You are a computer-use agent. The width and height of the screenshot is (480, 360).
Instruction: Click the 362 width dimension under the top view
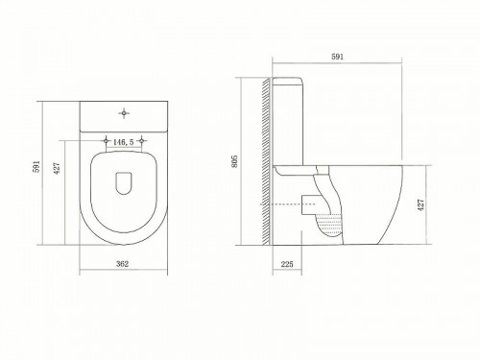(x=122, y=263)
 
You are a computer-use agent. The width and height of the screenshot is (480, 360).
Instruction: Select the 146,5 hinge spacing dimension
(x=122, y=140)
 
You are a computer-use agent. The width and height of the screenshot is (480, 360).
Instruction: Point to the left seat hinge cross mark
(x=103, y=141)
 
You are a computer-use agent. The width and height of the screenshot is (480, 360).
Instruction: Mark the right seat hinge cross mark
(x=142, y=141)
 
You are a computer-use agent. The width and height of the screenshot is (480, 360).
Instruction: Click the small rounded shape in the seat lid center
(x=122, y=180)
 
